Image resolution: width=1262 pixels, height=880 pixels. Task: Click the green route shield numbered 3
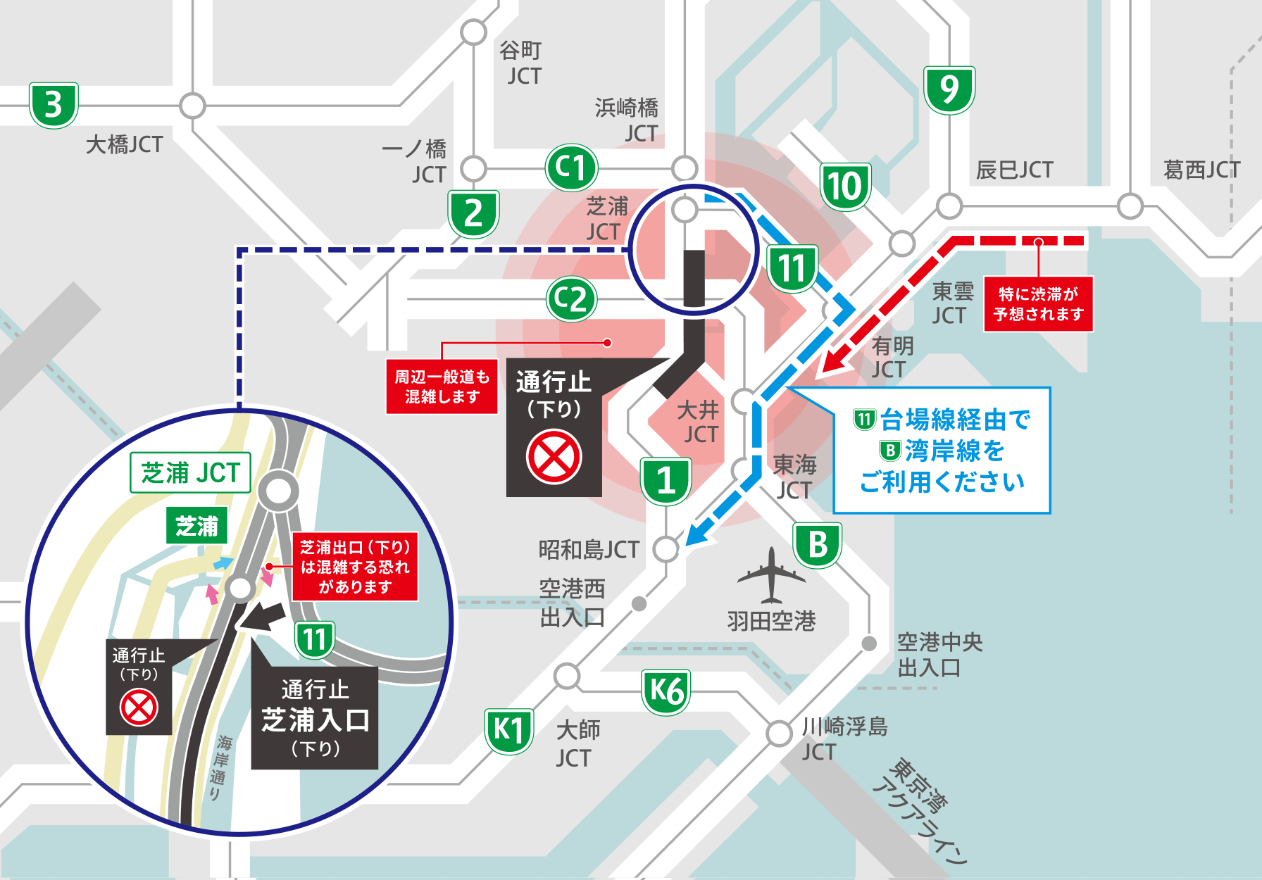(54, 106)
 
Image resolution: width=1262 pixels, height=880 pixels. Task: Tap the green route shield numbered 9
(949, 89)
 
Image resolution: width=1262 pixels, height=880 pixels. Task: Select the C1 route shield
(571, 168)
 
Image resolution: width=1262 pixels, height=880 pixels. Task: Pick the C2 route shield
(571, 299)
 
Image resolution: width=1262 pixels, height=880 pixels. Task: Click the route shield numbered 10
(845, 187)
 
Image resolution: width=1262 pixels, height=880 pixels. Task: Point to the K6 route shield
(666, 691)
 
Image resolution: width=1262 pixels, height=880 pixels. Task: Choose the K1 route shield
(509, 731)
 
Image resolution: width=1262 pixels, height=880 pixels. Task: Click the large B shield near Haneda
(818, 545)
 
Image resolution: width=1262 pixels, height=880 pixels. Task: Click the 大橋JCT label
(124, 144)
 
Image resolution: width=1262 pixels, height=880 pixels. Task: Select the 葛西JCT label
(1201, 170)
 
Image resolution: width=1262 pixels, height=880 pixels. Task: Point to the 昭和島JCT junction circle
(666, 548)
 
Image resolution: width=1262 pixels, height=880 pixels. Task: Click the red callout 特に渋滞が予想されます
(1038, 304)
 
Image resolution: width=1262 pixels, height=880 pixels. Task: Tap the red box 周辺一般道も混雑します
(442, 386)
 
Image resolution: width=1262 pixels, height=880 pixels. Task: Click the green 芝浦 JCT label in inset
(191, 472)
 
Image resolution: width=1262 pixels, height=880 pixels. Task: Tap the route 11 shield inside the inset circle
(314, 639)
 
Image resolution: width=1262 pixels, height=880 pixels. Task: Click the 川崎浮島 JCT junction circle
(779, 733)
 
